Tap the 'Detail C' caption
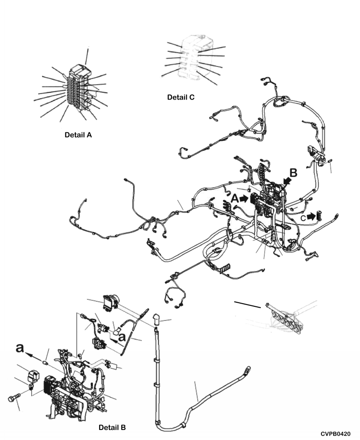pyautogui.click(x=180, y=96)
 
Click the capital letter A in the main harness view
pyautogui.click(x=235, y=199)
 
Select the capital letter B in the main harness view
pyautogui.click(x=293, y=173)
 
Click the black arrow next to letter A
pyautogui.click(x=245, y=199)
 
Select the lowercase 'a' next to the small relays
pyautogui.click(x=122, y=337)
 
